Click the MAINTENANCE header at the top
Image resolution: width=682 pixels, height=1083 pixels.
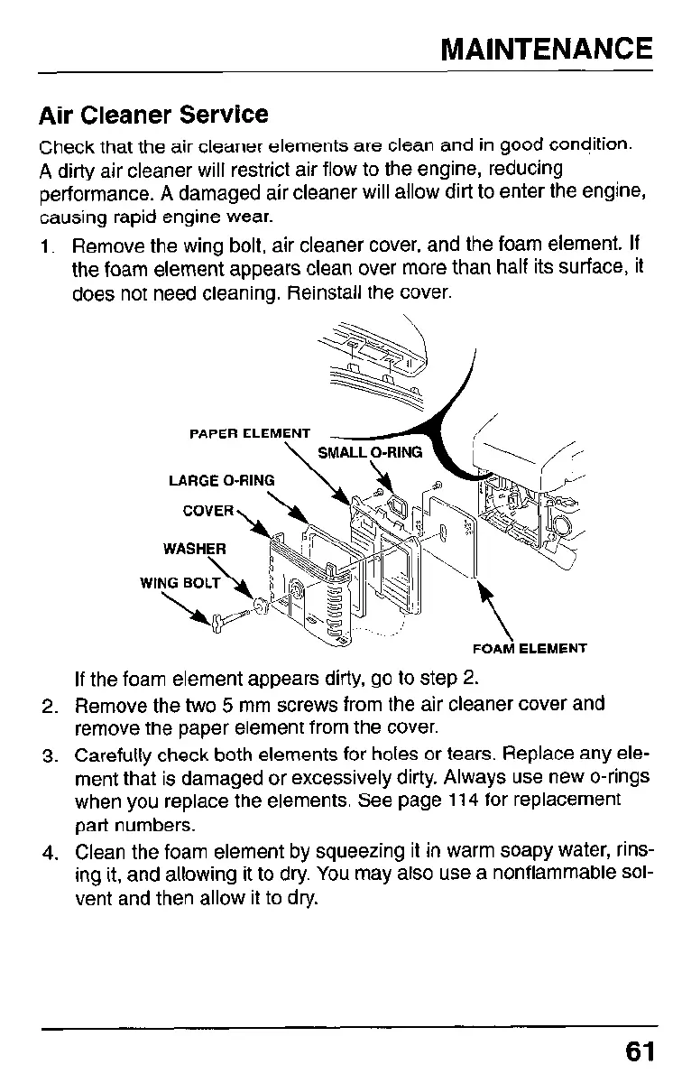(546, 48)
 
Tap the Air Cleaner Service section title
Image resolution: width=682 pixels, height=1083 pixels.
(153, 116)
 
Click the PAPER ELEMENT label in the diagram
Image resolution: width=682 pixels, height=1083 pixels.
(250, 434)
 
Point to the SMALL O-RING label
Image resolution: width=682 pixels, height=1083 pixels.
(370, 452)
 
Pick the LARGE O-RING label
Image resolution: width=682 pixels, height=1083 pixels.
(221, 480)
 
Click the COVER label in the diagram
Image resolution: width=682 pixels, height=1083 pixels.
(209, 511)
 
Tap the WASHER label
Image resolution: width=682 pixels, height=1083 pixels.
(194, 548)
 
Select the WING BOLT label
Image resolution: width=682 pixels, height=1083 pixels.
(181, 583)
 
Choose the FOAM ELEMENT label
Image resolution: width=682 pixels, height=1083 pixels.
(530, 648)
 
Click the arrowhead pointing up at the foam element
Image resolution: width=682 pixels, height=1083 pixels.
(484, 594)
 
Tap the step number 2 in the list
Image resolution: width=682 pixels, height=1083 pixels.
(51, 704)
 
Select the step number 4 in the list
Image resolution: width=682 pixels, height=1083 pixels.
(51, 851)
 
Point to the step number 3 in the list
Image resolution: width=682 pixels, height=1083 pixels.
(51, 753)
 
